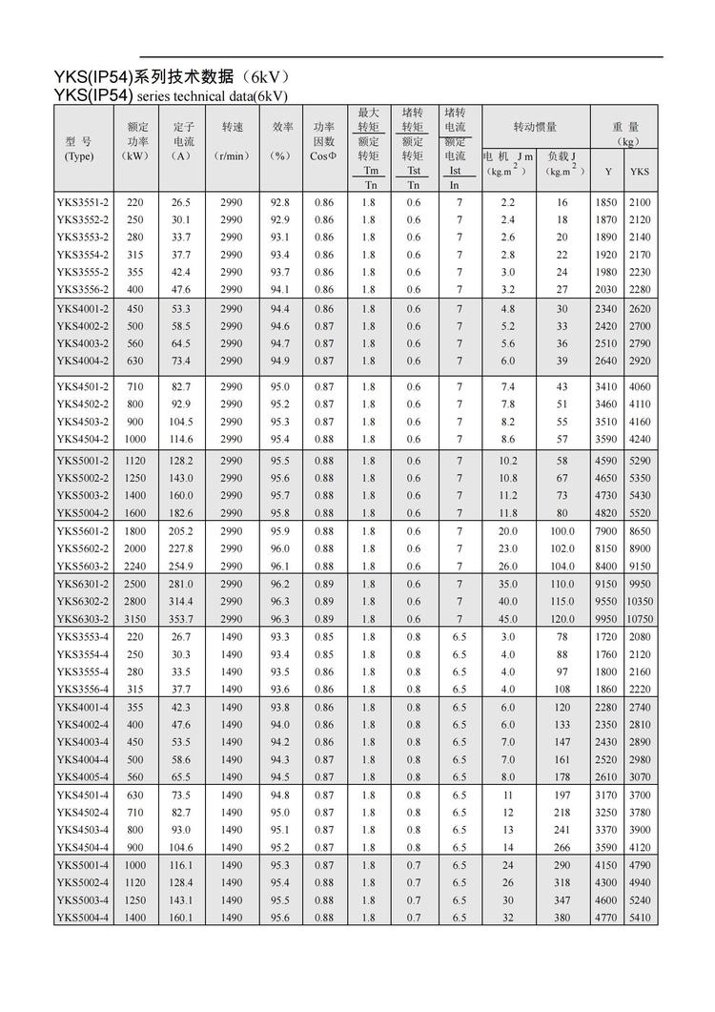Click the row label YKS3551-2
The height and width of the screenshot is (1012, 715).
coord(82,203)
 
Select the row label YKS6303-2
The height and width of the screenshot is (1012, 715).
coord(82,619)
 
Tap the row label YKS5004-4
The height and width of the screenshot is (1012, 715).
coord(82,918)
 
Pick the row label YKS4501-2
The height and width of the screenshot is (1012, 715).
coord(82,386)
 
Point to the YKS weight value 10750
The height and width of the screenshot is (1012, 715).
coord(640,619)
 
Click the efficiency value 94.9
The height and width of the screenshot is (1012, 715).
coord(280,361)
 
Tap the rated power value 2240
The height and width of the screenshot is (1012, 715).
coord(135,567)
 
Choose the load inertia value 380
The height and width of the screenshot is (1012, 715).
coord(562,918)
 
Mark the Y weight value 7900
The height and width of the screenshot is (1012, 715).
coord(607,531)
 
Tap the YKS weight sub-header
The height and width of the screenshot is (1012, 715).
coord(639,172)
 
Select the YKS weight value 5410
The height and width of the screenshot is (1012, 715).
coord(640,918)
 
